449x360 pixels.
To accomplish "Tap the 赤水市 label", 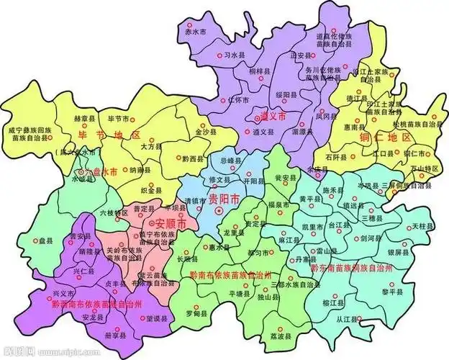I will click(x=195, y=33).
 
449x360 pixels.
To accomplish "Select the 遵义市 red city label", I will click(x=271, y=115).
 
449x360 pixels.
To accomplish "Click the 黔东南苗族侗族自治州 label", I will click(x=351, y=268).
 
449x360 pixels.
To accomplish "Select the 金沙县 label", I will click(x=204, y=132).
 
